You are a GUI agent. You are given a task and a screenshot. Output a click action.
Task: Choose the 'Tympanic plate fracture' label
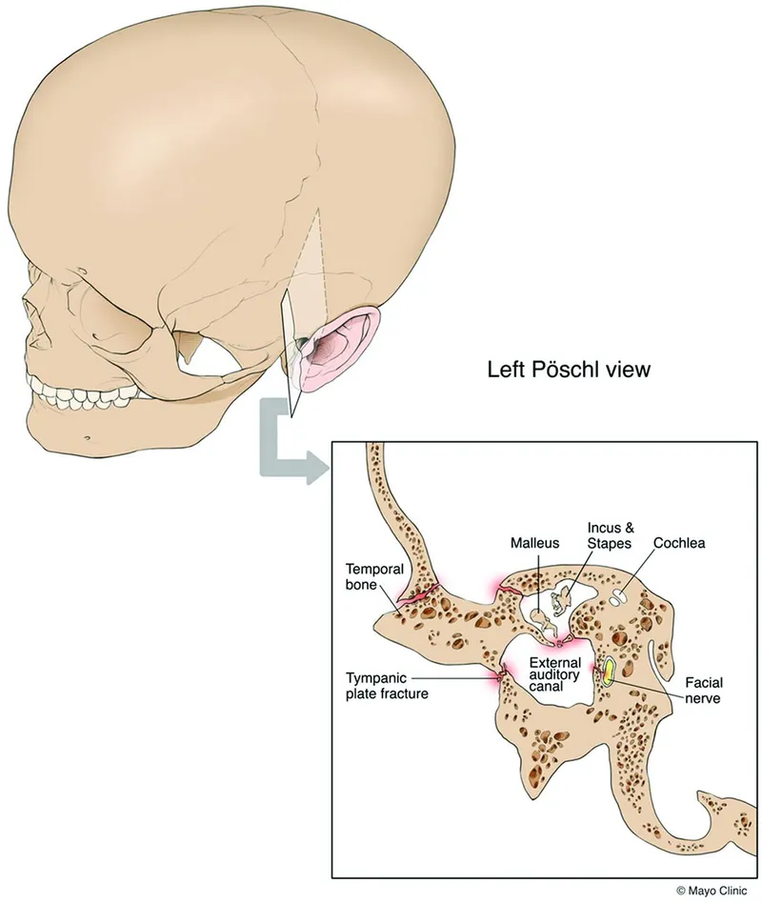pos(387,685)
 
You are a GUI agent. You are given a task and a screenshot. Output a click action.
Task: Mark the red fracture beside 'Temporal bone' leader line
pos(419,597)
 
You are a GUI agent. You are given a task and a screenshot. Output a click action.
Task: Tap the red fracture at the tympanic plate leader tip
pos(498,678)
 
